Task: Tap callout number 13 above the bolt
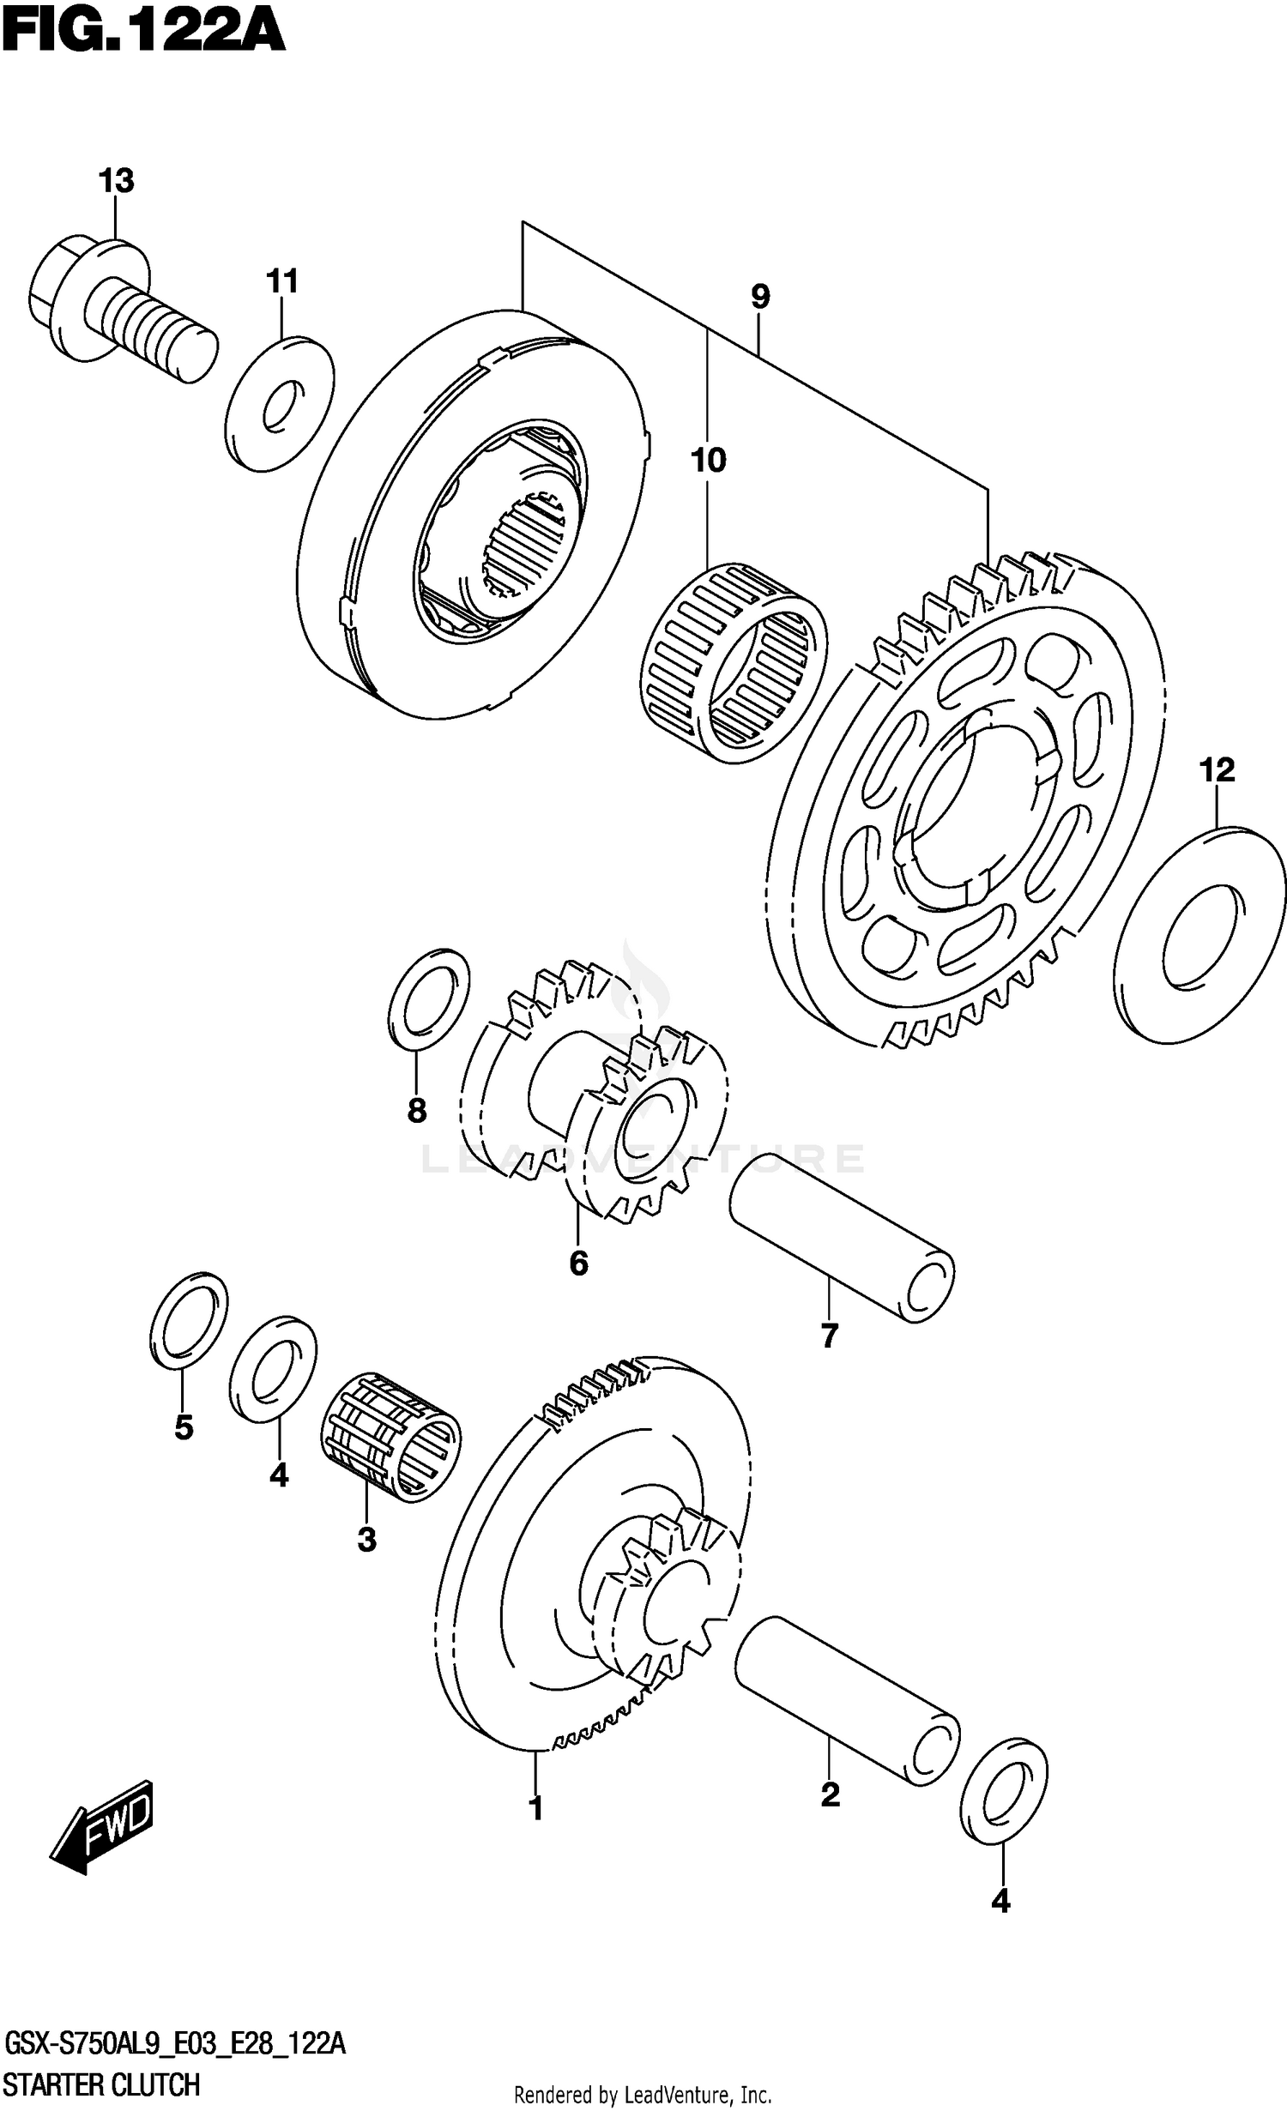point(116,181)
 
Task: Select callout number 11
point(281,280)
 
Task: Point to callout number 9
point(759,297)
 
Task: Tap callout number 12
point(1216,769)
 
